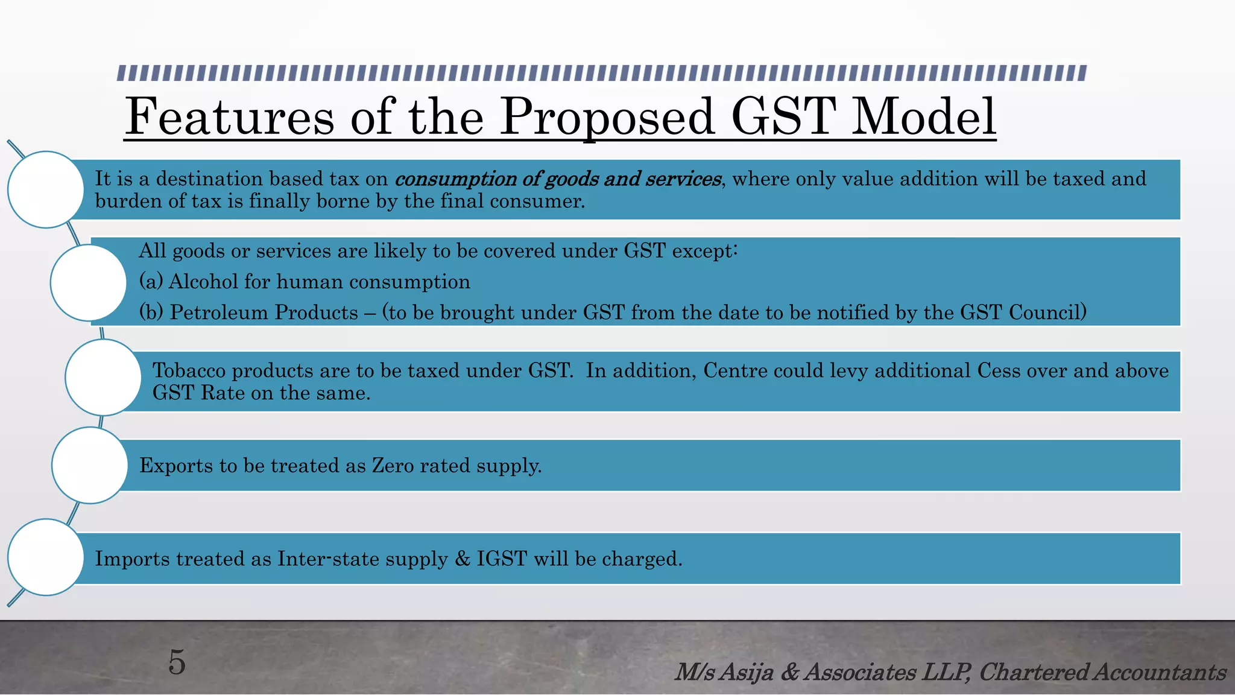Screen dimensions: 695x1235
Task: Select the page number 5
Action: click(x=177, y=662)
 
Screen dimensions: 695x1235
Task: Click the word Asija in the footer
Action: click(x=747, y=672)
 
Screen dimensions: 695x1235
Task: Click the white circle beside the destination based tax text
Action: click(x=46, y=189)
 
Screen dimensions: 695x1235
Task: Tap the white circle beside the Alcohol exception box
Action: click(x=89, y=282)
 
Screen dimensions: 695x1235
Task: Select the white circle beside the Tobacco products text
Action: click(x=103, y=378)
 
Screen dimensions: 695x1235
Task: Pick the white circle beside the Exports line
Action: click(x=90, y=465)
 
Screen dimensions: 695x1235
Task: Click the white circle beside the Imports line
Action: click(x=46, y=557)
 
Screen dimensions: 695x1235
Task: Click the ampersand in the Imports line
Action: click(x=463, y=559)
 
